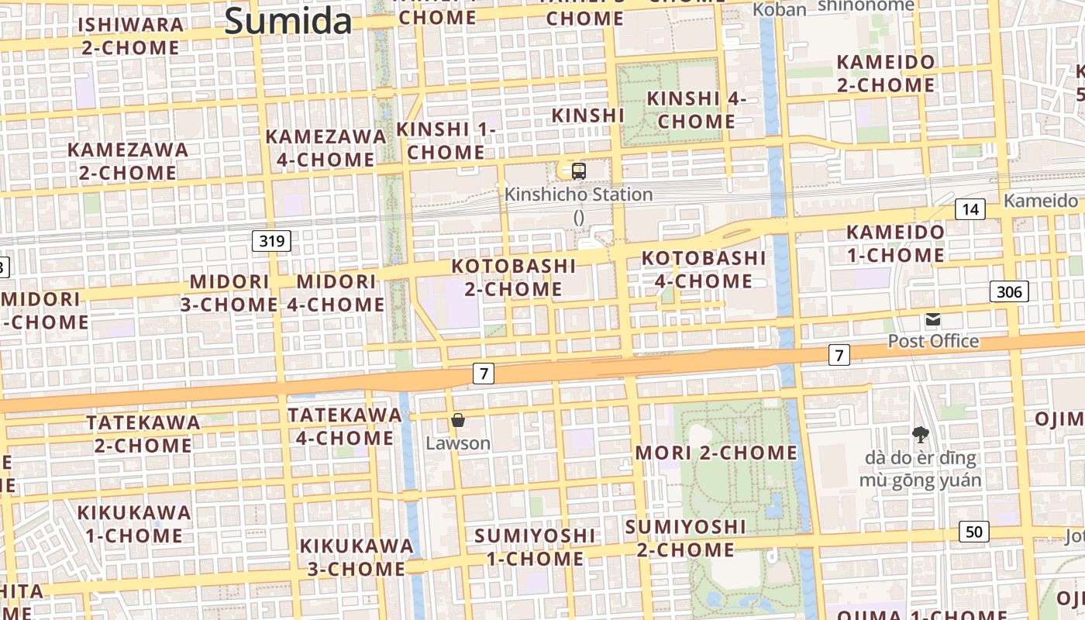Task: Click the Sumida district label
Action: tap(288, 21)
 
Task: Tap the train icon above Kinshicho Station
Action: tap(578, 171)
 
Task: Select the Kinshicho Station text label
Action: tap(578, 195)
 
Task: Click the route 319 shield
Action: tap(271, 241)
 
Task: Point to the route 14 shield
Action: tap(970, 208)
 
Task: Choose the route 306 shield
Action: tap(1008, 291)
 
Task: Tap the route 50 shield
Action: tap(974, 532)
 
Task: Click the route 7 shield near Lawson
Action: tap(484, 374)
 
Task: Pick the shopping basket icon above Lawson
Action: tap(458, 420)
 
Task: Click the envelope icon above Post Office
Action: tap(933, 319)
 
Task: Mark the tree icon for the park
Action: tap(920, 434)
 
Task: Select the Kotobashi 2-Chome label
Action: tap(514, 277)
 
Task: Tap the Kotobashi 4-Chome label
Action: tap(703, 269)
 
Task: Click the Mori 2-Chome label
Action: tap(716, 453)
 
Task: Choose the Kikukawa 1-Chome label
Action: tap(134, 524)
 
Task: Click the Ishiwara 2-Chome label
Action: tap(130, 36)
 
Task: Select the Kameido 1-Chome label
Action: tap(895, 243)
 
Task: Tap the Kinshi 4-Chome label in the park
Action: tap(696, 110)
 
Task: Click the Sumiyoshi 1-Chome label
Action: tap(534, 547)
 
